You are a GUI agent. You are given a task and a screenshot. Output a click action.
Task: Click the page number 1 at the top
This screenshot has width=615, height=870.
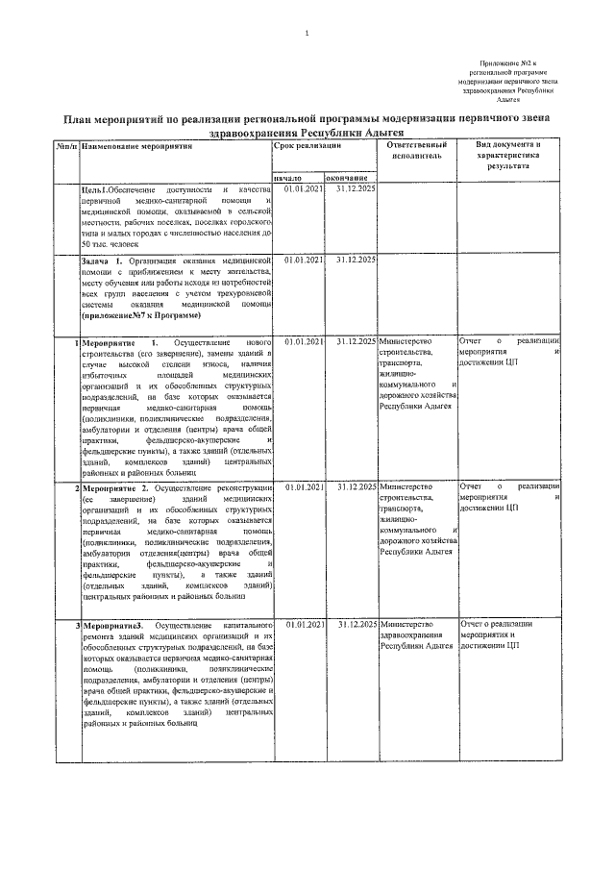tap(307, 34)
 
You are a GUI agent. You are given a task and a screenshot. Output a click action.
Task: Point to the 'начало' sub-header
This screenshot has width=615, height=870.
tap(288, 178)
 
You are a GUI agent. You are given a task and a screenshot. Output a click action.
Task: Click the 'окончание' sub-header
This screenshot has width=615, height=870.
tap(347, 178)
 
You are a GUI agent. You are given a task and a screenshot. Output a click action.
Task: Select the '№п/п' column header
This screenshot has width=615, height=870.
tap(65, 146)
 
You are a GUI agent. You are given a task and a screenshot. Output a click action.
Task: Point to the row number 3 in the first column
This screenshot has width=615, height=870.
tap(77, 625)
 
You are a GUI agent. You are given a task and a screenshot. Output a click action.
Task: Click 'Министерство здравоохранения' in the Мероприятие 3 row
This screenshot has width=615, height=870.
tap(410, 631)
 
